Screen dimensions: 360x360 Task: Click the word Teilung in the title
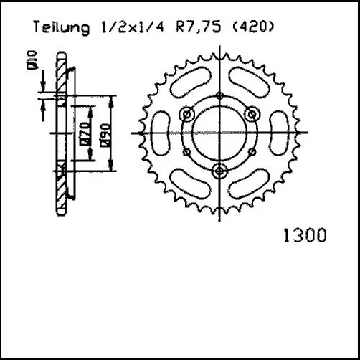(x=60, y=28)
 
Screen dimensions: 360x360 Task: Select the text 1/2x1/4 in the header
(x=126, y=28)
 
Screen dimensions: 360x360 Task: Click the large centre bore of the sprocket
(x=219, y=133)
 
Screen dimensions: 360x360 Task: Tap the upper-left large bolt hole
(x=189, y=115)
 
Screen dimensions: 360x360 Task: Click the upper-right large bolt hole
(x=250, y=115)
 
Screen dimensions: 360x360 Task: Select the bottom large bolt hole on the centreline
(x=219, y=169)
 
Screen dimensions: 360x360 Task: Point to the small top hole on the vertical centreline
(x=219, y=98)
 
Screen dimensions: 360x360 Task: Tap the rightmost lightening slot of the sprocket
(x=275, y=133)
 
